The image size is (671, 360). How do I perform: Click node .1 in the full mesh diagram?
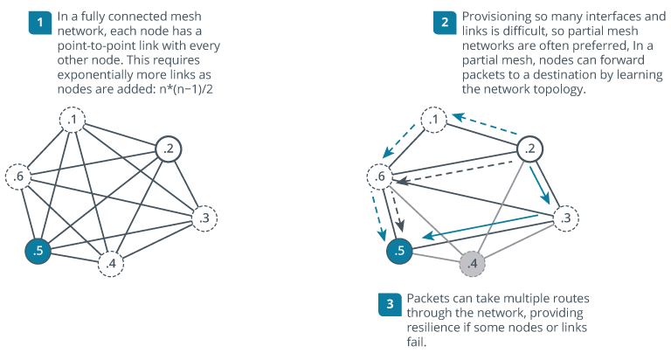(73, 120)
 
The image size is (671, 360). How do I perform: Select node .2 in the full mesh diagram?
(169, 149)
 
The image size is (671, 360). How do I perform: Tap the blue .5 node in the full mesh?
(38, 251)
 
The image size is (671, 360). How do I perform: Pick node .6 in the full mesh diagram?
(18, 176)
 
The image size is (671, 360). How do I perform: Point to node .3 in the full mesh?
(204, 218)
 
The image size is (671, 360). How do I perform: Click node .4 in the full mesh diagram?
(111, 263)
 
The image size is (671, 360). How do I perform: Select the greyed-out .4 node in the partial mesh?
(472, 263)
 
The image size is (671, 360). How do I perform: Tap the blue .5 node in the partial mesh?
(399, 251)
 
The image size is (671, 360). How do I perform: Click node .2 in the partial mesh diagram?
(529, 149)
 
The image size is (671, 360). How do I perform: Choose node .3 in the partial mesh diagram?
(566, 218)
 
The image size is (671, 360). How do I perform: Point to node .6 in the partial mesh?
(380, 176)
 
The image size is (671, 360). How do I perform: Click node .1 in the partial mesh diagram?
(434, 120)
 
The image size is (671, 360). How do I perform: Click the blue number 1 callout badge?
(40, 22)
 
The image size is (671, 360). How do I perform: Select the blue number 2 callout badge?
(445, 22)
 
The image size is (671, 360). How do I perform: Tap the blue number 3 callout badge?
(390, 304)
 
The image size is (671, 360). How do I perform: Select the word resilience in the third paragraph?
(432, 328)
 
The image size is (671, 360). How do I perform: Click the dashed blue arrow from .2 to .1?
(485, 123)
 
